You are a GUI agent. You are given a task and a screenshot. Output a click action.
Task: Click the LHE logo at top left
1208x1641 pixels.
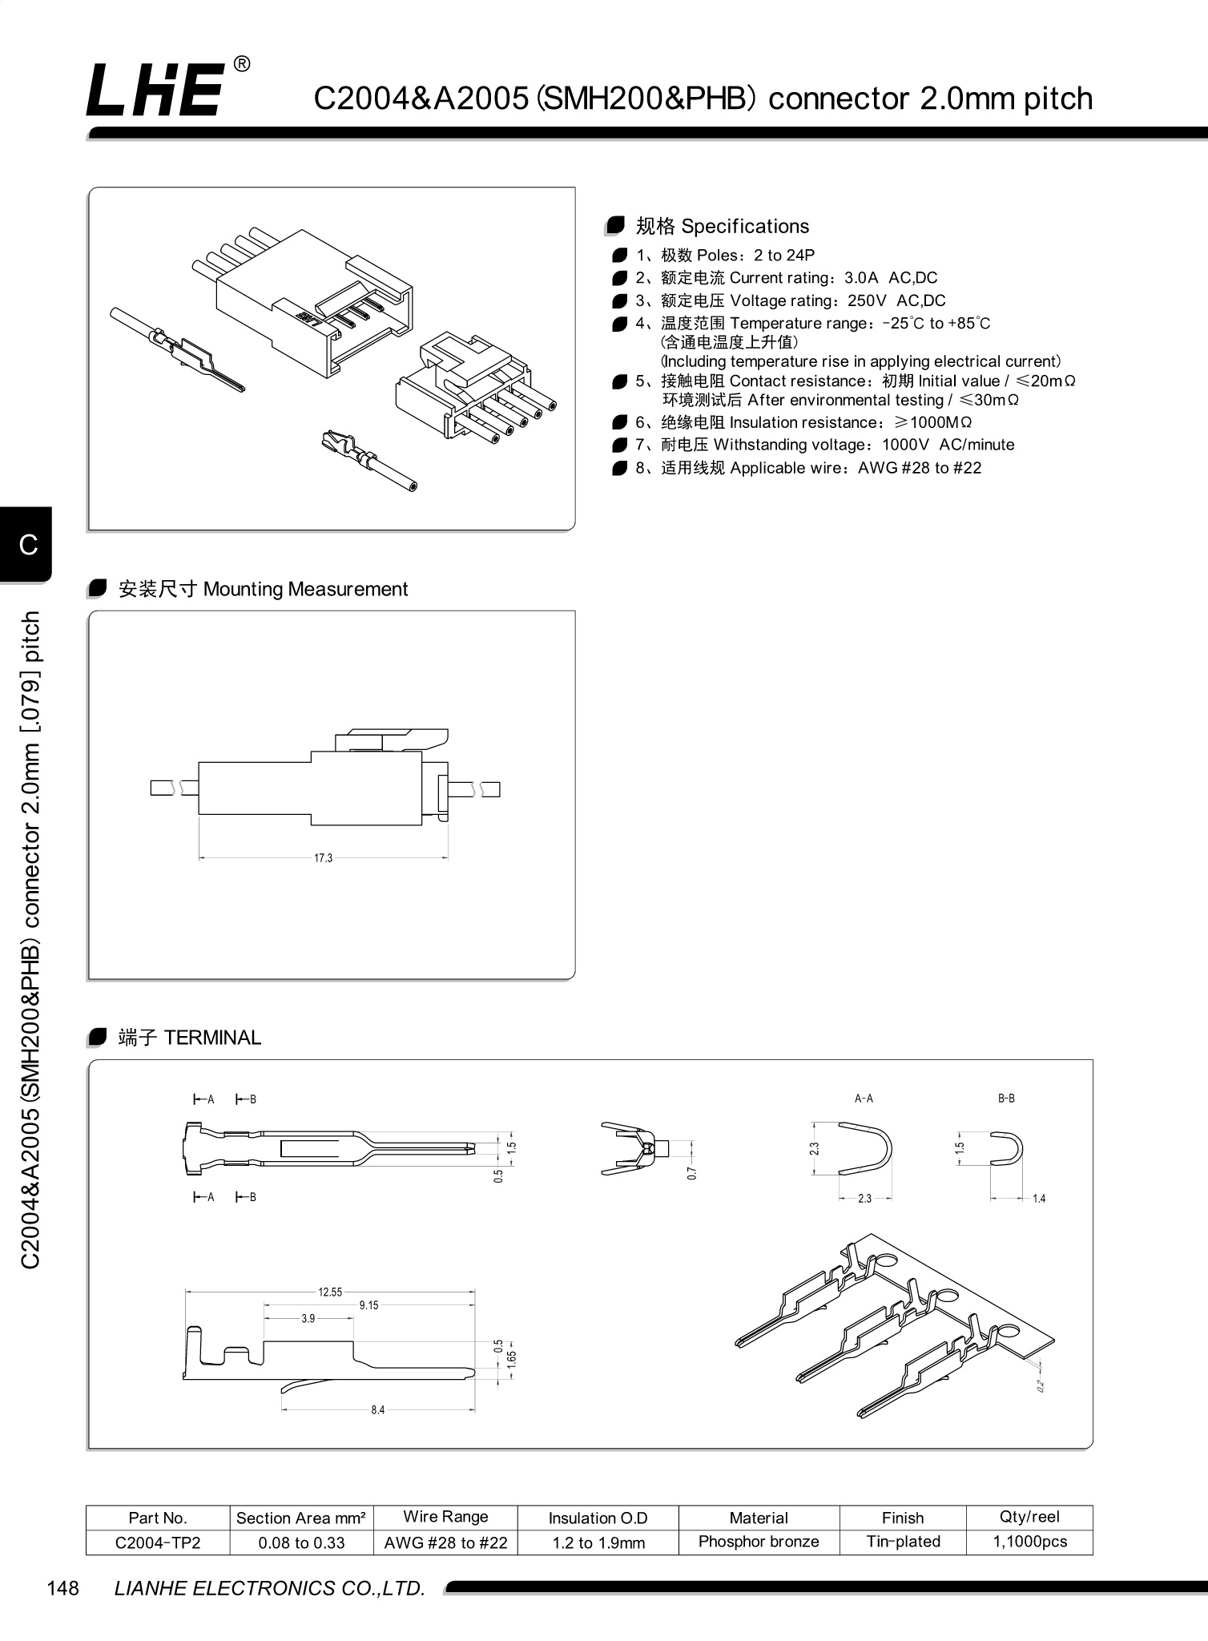pyautogui.click(x=156, y=90)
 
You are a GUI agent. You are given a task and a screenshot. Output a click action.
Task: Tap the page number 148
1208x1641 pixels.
pyautogui.click(x=63, y=1587)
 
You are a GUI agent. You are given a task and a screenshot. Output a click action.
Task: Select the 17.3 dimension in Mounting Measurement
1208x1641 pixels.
pyautogui.click(x=323, y=858)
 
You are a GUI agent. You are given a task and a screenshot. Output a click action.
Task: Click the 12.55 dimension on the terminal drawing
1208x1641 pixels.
pyautogui.click(x=330, y=1292)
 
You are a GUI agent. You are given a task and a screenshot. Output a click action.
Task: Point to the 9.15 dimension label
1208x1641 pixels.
pyautogui.click(x=368, y=1305)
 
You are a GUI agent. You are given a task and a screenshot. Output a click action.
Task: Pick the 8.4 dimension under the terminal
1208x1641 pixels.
pyautogui.click(x=377, y=1409)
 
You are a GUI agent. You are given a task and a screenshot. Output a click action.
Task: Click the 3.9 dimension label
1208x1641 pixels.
pyautogui.click(x=308, y=1318)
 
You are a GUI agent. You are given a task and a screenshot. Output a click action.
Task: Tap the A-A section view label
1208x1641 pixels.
pyautogui.click(x=864, y=1099)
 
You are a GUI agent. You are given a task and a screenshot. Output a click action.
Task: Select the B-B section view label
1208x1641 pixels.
pyautogui.click(x=1006, y=1099)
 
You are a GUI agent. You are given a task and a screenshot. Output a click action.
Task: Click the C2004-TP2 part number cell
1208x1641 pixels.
pyautogui.click(x=158, y=1542)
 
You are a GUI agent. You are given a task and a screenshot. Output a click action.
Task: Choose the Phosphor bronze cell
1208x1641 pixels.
pyautogui.click(x=759, y=1542)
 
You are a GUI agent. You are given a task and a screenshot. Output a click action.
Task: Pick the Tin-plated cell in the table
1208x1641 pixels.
pyautogui.click(x=903, y=1542)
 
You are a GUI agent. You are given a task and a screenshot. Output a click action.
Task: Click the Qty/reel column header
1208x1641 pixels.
pyautogui.click(x=1029, y=1517)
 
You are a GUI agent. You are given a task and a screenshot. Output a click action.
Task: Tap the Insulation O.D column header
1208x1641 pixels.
pyautogui.click(x=598, y=1518)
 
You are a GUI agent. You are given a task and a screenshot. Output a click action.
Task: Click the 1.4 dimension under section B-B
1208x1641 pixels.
pyautogui.click(x=1039, y=1199)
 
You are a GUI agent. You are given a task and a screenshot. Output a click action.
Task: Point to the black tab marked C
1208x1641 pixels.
pyautogui.click(x=27, y=545)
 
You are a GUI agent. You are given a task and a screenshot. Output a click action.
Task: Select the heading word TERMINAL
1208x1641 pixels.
pyautogui.click(x=212, y=1038)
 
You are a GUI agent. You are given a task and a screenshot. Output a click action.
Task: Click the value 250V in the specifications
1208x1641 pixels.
pyautogui.click(x=867, y=300)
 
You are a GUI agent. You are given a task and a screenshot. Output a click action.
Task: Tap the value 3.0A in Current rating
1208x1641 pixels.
pyautogui.click(x=861, y=278)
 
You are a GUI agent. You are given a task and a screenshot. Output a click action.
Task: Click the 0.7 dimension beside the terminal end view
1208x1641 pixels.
pyautogui.click(x=692, y=1172)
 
